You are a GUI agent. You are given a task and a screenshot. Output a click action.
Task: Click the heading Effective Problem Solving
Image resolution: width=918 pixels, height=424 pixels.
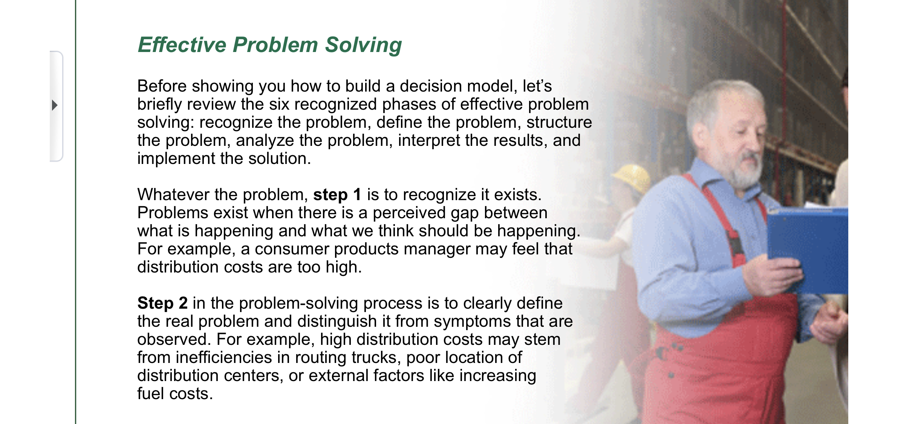(270, 45)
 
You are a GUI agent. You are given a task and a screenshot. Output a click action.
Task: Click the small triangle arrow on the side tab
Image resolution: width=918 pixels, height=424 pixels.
(55, 105)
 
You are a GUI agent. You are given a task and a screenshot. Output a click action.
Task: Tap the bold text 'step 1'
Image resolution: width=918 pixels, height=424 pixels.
(337, 195)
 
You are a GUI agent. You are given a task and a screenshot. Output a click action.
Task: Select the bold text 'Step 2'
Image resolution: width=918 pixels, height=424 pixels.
(162, 303)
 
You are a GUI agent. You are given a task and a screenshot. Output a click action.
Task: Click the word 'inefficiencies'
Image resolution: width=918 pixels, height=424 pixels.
(224, 358)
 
